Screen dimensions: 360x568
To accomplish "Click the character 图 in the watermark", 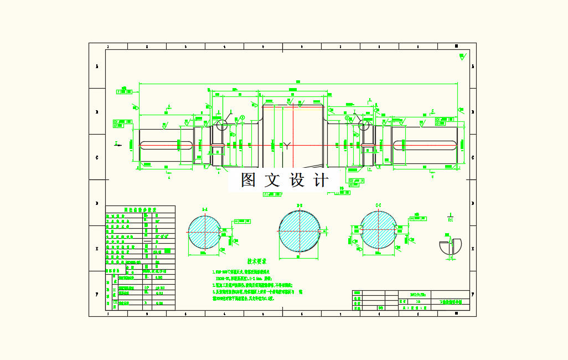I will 249,180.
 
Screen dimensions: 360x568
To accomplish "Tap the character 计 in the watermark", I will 321,180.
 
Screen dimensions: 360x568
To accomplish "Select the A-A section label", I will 204,209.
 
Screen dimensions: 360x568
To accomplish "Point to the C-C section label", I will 379,205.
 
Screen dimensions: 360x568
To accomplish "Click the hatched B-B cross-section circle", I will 299,231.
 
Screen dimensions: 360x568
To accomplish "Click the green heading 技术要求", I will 256,261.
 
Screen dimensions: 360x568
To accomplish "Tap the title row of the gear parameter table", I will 140,210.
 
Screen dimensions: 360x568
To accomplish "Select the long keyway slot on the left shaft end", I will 166,145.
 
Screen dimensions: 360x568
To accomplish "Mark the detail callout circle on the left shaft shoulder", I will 222,125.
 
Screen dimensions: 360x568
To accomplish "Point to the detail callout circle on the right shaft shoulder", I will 364,126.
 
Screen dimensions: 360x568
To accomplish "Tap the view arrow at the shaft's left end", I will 117,145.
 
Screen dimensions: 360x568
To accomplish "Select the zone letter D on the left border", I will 97,203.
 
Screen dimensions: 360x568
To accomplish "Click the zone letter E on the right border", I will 473,249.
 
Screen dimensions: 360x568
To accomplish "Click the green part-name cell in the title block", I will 450,302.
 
